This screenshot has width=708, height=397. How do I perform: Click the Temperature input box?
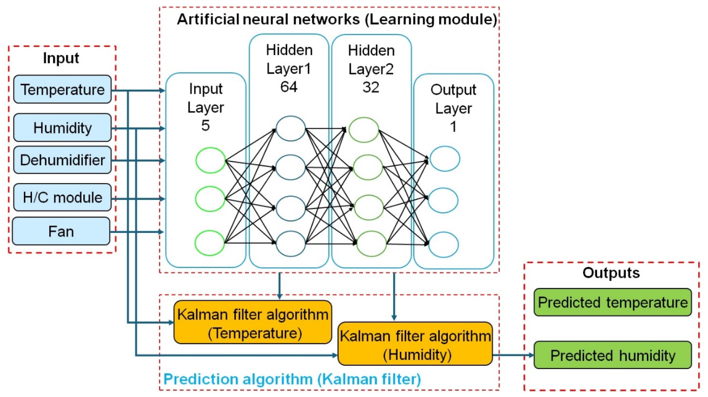pyautogui.click(x=62, y=89)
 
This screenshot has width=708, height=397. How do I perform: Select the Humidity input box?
pyautogui.click(x=62, y=128)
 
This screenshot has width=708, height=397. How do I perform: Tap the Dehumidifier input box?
pyautogui.click(x=62, y=160)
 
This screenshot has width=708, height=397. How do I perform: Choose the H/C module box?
pyautogui.click(x=62, y=197)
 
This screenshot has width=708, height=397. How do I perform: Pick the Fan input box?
pyautogui.click(x=61, y=231)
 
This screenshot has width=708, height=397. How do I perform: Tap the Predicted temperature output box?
pyautogui.click(x=613, y=302)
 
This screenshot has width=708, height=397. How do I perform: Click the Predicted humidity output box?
pyautogui.click(x=613, y=355)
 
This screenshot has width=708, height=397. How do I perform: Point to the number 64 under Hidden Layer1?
pyautogui.click(x=289, y=87)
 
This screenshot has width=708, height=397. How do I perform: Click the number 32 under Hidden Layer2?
pyautogui.click(x=371, y=87)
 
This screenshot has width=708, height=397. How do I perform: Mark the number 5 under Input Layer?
pyautogui.click(x=206, y=126)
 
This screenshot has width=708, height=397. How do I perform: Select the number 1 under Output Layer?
pyautogui.click(x=453, y=127)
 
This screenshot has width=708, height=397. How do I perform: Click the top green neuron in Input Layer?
pyautogui.click(x=210, y=160)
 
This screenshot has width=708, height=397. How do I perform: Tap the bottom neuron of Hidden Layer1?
pyautogui.click(x=290, y=244)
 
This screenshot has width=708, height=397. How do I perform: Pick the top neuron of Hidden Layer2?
pyautogui.click(x=364, y=130)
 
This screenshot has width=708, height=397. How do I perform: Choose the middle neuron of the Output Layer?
pyautogui.click(x=443, y=201)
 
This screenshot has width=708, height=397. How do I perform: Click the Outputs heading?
pyautogui.click(x=611, y=273)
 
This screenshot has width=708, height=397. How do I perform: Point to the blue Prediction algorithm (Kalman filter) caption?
pyautogui.click(x=292, y=379)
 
